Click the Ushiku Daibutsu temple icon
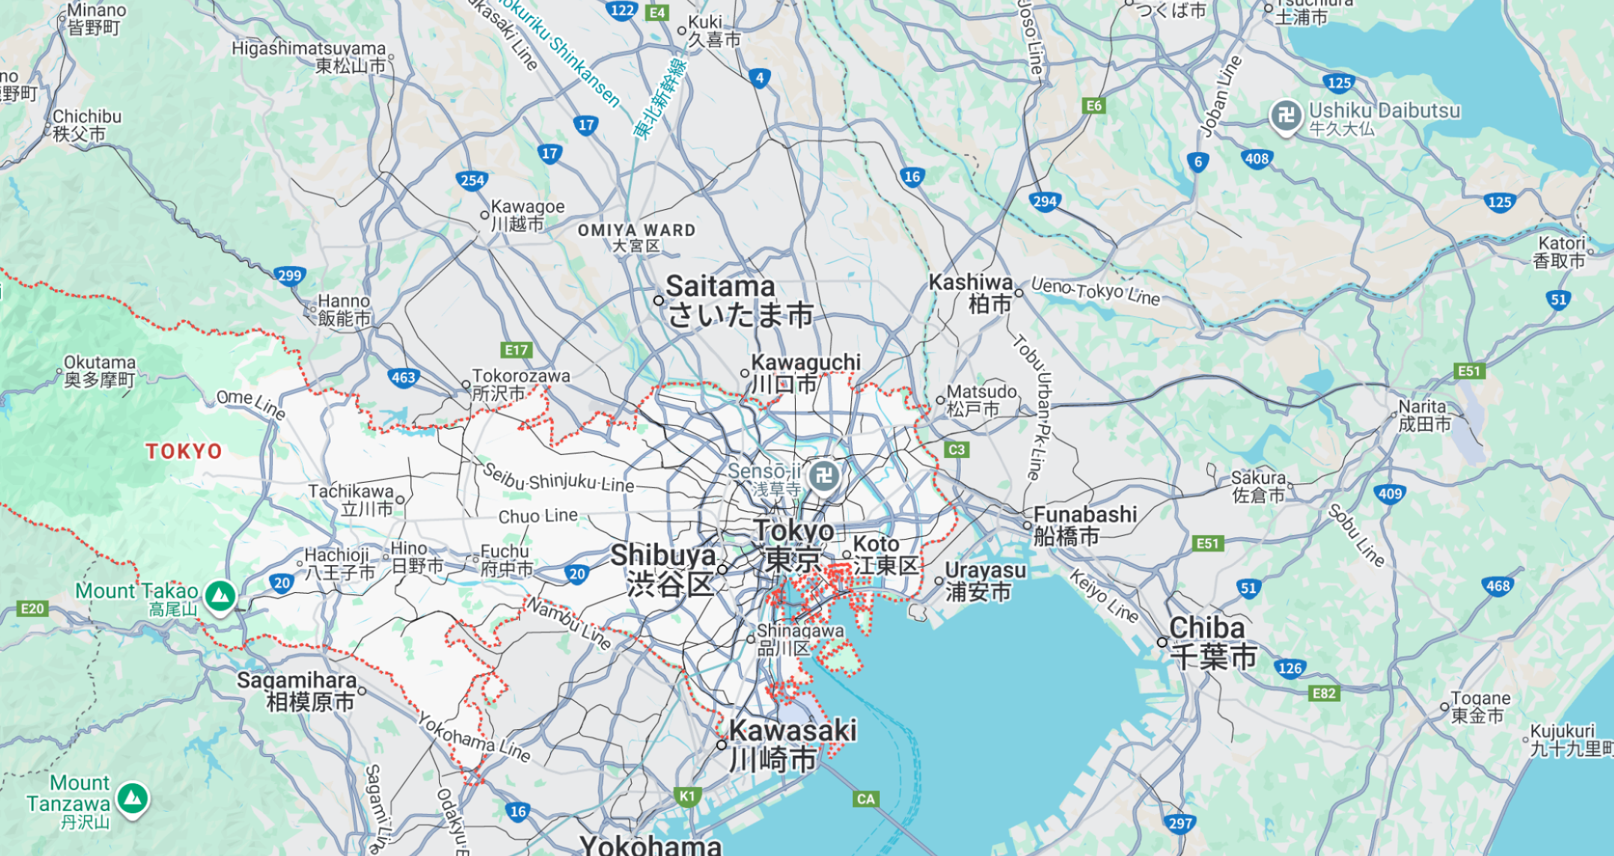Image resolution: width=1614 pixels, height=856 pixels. [1286, 115]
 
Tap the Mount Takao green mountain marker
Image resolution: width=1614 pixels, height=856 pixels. [220, 597]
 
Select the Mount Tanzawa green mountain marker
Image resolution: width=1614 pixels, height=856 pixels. [133, 798]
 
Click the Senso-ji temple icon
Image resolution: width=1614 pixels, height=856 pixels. [824, 475]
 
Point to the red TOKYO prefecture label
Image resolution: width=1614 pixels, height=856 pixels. [184, 451]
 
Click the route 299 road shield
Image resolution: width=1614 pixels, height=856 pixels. [289, 275]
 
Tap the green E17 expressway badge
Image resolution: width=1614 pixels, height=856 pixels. [516, 350]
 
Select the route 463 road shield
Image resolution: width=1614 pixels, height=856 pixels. [403, 377]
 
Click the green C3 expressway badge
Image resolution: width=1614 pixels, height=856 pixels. [957, 450]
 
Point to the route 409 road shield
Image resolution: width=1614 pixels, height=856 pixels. [1390, 493]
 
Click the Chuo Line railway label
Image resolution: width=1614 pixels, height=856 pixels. [538, 516]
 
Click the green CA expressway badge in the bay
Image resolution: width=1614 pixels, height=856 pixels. [865, 799]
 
